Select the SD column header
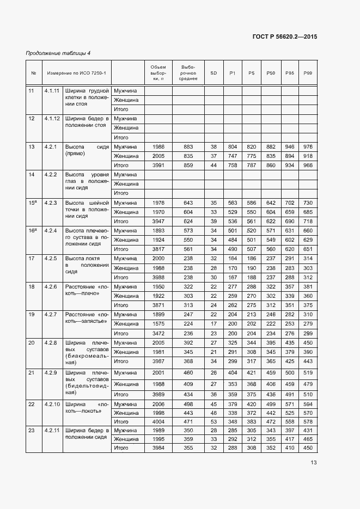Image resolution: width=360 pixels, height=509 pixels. point(213,73)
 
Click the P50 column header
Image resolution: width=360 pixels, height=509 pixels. point(271,73)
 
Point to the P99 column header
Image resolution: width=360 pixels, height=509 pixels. point(308,73)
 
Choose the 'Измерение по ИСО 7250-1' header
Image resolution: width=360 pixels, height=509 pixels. point(76,73)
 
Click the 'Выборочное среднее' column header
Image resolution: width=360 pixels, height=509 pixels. point(188,73)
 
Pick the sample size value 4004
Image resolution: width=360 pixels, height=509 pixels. point(158,422)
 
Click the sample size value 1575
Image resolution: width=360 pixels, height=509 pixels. point(158,324)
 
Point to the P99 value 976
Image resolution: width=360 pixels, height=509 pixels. point(308,147)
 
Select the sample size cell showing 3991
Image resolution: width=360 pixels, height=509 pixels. point(158,165)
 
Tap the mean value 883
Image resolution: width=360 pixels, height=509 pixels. point(188,147)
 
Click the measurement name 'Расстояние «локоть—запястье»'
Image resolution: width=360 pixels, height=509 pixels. point(87,319)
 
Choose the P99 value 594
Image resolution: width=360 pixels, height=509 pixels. point(308,404)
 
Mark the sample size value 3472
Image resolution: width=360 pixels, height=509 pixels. point(158,333)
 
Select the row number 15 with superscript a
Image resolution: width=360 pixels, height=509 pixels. point(33,203)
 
